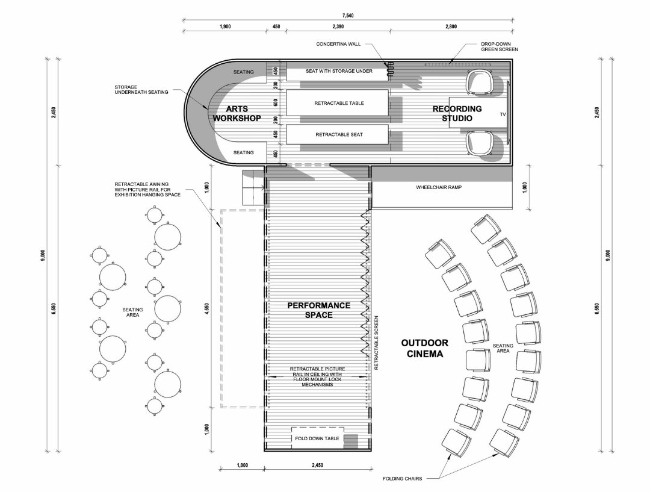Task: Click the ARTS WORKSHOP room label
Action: click(237, 114)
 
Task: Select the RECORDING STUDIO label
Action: click(457, 114)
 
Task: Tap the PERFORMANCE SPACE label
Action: click(318, 310)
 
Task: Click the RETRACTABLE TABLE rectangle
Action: click(339, 103)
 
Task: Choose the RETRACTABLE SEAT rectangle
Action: click(339, 134)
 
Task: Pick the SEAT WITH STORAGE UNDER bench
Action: click(339, 72)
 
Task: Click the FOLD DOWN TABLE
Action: click(318, 438)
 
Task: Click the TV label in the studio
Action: click(503, 113)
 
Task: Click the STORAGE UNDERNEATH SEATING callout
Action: click(137, 89)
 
